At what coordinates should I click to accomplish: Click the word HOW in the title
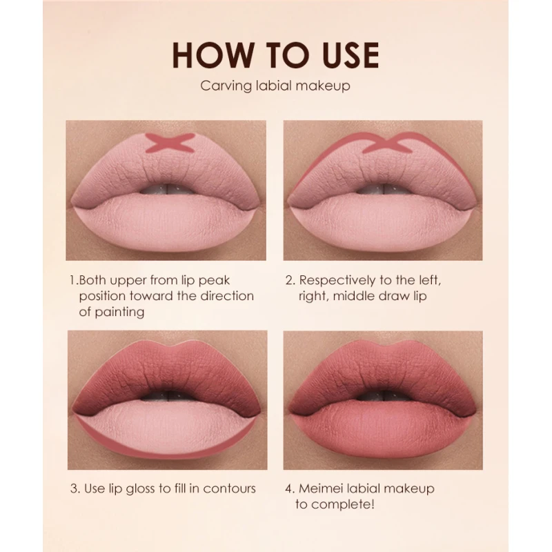tap(213, 55)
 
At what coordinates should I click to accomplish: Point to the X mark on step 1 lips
tap(170, 144)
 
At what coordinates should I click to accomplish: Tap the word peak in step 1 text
tap(214, 281)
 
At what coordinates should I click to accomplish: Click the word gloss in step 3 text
tap(140, 489)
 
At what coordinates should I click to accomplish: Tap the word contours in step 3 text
tap(229, 489)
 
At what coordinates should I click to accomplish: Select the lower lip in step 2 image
tap(383, 221)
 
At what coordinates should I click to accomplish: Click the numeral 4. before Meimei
tap(290, 489)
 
